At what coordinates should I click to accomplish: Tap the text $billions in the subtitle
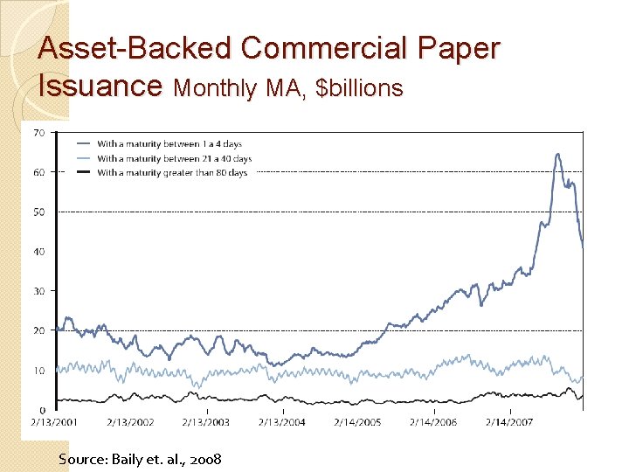tap(360, 87)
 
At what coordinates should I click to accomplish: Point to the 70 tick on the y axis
tap(39, 133)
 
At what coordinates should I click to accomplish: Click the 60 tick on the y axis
tap(39, 172)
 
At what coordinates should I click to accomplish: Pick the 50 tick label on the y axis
tap(39, 212)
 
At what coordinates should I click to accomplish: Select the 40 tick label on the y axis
tap(39, 252)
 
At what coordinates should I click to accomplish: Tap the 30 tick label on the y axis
tap(39, 291)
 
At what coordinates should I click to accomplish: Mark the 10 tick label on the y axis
tap(39, 371)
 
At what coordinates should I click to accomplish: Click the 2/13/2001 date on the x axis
tap(54, 421)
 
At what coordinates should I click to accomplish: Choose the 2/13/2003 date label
tap(205, 421)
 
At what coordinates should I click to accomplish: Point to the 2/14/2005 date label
tap(357, 421)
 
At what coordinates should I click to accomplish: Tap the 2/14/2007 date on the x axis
tap(509, 421)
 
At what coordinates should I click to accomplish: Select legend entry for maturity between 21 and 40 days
tap(174, 158)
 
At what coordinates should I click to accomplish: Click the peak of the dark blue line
tap(557, 155)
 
